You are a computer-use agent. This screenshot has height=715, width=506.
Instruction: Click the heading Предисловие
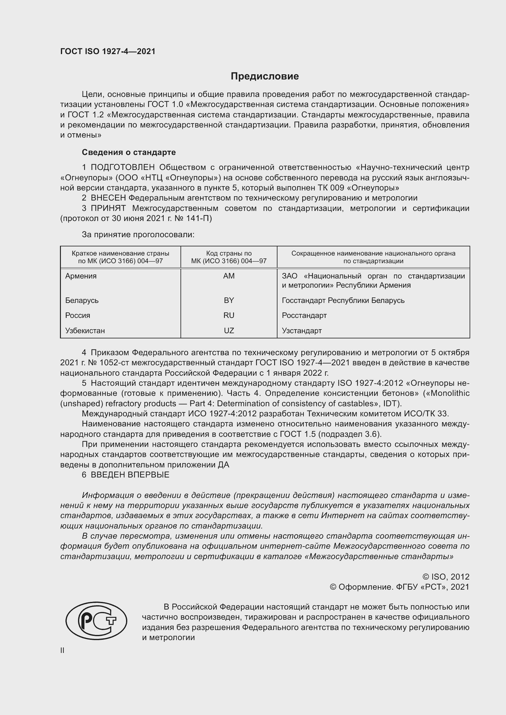tap(265, 76)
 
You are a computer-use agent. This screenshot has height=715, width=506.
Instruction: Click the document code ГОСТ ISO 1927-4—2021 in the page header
tap(108, 51)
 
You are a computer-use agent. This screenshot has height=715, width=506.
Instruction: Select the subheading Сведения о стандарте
tap(129, 152)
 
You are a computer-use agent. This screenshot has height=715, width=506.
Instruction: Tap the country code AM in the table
tap(229, 276)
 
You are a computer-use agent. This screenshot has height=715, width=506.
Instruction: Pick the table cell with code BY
tap(229, 300)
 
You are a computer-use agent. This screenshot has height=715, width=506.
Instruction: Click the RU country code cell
tap(229, 315)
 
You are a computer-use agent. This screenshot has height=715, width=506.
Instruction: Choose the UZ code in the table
tap(229, 330)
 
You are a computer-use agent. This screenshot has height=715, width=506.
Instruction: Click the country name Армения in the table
tap(81, 276)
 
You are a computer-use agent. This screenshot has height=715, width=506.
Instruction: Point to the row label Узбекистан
tap(85, 330)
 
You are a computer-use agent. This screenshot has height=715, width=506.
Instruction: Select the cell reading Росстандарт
tap(304, 315)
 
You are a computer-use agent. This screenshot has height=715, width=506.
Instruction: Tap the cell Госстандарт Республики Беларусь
tap(343, 300)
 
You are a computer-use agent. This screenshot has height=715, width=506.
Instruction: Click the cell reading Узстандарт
tap(302, 330)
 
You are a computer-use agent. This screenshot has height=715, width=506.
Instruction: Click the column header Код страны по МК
tap(229, 257)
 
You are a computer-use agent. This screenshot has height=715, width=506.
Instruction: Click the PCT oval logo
tap(96, 621)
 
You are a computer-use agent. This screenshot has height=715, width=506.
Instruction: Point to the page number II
tap(62, 650)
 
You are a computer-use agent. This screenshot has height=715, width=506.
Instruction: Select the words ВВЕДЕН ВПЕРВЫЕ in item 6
tap(130, 475)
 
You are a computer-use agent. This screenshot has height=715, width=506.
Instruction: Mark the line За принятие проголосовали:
tap(138, 234)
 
